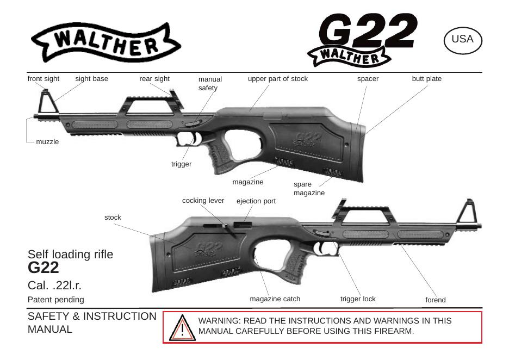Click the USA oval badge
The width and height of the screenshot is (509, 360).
463,40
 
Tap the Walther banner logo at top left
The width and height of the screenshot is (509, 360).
105,42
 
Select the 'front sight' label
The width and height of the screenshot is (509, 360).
44,79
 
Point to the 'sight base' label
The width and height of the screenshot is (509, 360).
91,79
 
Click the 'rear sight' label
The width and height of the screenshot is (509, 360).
154,79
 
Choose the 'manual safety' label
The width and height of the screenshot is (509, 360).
209,83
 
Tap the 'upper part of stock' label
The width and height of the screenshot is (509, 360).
277,79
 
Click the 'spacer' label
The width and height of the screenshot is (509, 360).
368,79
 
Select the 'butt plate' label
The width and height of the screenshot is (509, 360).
426,79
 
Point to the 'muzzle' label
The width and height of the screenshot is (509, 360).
47,142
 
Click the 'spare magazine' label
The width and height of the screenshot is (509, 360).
309,189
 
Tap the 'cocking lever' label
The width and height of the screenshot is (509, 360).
203,201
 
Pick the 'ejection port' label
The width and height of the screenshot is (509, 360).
256,201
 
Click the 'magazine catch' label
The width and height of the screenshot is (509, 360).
275,299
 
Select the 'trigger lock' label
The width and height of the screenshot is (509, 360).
358,299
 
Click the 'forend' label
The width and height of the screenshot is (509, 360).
435,300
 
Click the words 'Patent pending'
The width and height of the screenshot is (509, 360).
56,300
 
